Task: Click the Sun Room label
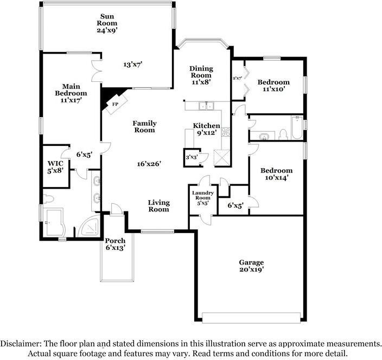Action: click(x=107, y=23)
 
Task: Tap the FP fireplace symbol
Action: click(x=115, y=104)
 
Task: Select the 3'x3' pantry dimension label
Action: click(x=191, y=158)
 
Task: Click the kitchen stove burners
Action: click(x=225, y=131)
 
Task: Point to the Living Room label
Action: click(x=159, y=206)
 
